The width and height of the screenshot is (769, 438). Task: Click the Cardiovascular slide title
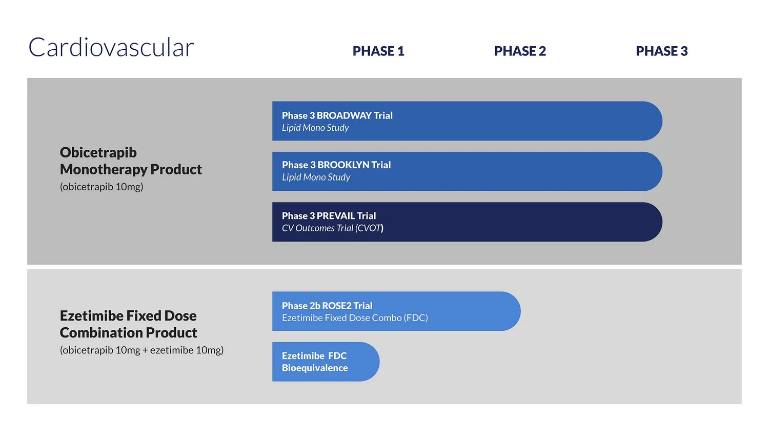tap(111, 48)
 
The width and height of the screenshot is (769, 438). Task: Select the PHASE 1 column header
tap(378, 51)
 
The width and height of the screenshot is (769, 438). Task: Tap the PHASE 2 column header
tap(520, 51)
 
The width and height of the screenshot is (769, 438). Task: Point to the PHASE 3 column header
tap(661, 51)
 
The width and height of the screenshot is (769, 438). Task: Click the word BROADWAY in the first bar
tap(344, 115)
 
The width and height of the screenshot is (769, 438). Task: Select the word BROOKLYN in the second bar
tap(343, 165)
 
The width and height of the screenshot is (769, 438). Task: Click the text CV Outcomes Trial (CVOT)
tap(332, 228)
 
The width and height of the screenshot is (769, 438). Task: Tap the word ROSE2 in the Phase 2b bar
tap(336, 306)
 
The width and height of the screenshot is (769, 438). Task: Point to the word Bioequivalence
tap(315, 368)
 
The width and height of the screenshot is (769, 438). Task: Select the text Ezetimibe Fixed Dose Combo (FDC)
tap(355, 318)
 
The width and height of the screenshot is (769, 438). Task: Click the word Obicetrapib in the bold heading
tap(98, 152)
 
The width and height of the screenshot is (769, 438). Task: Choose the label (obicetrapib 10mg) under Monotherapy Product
tap(102, 187)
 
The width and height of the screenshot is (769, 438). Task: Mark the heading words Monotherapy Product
tap(131, 169)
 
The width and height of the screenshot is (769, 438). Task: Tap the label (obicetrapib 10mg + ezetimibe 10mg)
tap(141, 350)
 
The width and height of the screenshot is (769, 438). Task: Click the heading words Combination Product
tap(128, 333)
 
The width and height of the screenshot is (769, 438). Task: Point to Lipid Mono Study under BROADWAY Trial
tap(315, 128)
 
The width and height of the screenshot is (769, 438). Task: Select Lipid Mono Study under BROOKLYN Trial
tap(316, 177)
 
